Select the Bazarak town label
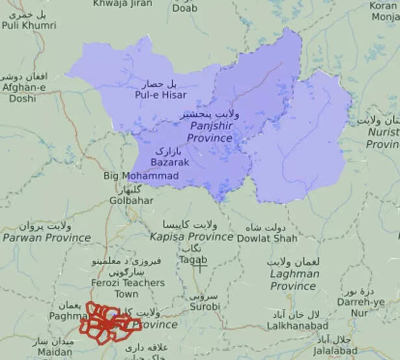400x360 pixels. click(169, 162)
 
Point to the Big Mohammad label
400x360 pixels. click(141, 176)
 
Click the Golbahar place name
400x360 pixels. click(131, 201)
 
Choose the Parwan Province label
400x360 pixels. click(46, 237)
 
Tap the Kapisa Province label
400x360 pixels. click(191, 237)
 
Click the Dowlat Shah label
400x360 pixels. click(271, 238)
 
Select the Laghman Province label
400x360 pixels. click(294, 279)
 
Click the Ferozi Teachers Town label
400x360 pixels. click(130, 288)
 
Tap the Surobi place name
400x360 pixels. click(205, 306)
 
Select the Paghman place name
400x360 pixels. click(69, 316)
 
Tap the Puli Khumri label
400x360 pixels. click(29, 25)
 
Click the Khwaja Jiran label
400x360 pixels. click(122, 3)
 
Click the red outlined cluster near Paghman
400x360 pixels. click(107, 322)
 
